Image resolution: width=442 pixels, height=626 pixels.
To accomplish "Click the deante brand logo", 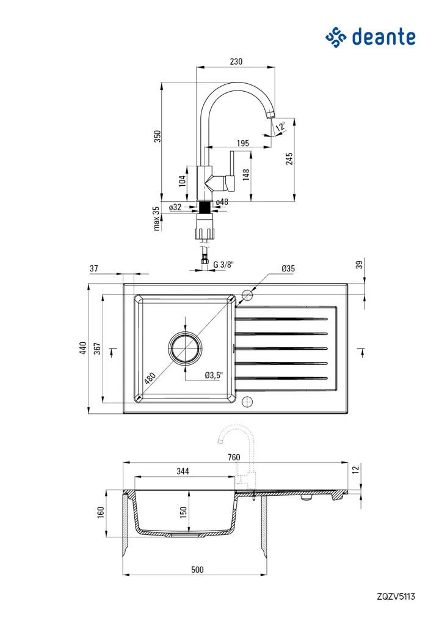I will (x=371, y=37).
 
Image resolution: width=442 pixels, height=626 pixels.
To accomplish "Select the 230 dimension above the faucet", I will (x=236, y=61).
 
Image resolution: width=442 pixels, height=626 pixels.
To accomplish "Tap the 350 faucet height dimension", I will (x=157, y=136).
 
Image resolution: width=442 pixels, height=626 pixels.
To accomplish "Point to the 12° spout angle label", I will (x=280, y=127).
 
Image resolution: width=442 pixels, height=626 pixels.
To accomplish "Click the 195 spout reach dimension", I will (x=242, y=143).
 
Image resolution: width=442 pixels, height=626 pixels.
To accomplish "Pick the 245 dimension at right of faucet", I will (x=289, y=158).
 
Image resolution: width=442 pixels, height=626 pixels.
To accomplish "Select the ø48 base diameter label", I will (x=222, y=202).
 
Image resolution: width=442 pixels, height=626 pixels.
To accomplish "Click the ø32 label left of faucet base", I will (x=175, y=207).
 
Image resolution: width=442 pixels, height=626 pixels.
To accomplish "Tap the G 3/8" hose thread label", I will (x=223, y=265).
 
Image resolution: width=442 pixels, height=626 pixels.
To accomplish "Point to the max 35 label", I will (x=156, y=218).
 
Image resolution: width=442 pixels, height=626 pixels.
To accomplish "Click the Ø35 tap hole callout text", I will (x=289, y=268).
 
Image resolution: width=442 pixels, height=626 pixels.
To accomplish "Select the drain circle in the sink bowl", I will (x=185, y=348).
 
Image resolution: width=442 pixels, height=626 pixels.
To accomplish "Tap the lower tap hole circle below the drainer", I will (x=247, y=401).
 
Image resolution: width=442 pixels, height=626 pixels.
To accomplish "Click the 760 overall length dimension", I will (x=234, y=457).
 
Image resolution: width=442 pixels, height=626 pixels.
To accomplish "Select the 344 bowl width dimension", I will (x=183, y=471).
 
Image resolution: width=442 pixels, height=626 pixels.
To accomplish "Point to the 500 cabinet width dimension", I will (x=197, y=569).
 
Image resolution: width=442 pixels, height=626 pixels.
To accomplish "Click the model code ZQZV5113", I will (x=396, y=595).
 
